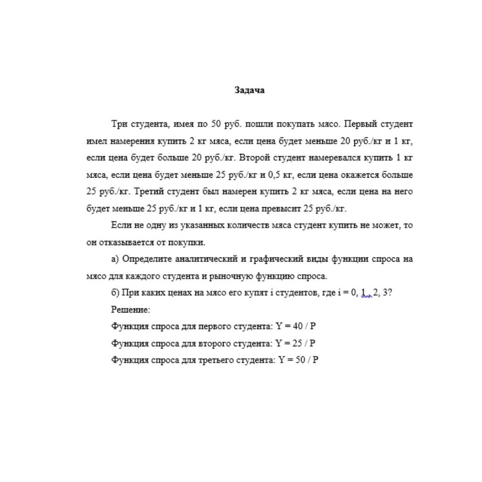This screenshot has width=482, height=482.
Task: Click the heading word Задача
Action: (x=249, y=90)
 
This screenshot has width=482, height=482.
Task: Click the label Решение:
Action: (x=131, y=310)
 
